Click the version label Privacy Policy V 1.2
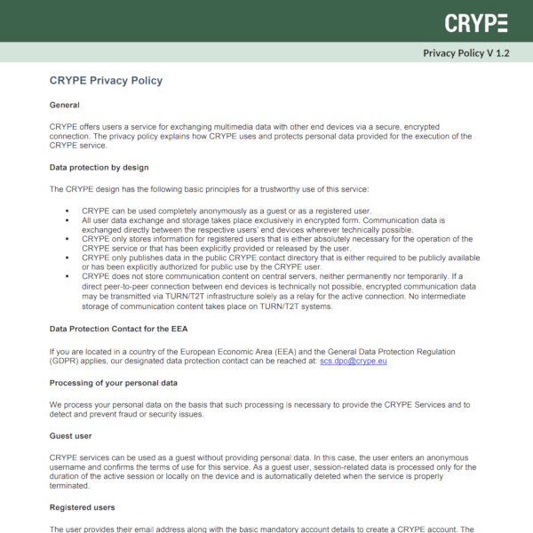pyautogui.click(x=466, y=52)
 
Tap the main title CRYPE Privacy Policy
pyautogui.click(x=106, y=81)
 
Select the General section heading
pyautogui.click(x=65, y=105)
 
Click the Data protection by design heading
pyautogui.click(x=99, y=166)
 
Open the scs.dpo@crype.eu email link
pyautogui.click(x=354, y=362)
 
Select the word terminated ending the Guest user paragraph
pyautogui.click(x=71, y=487)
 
